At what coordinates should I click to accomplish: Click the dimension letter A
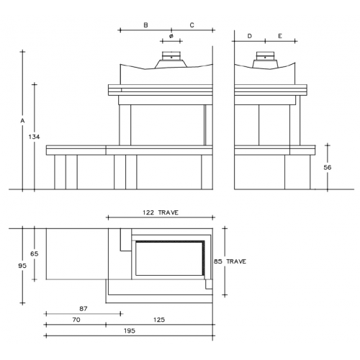pos(22,121)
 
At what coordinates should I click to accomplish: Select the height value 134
pos(34,137)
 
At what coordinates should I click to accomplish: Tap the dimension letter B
pos(145,25)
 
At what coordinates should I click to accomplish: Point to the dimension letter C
pos(192,25)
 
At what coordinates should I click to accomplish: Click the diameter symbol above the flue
pos(171,36)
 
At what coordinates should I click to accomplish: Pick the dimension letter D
pos(250,36)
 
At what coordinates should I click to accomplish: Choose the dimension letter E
pos(280,36)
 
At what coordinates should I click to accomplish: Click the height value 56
pos(328,167)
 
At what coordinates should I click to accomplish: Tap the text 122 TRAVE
pos(161,212)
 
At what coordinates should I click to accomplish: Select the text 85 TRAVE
pos(230,261)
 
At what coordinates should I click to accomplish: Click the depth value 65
pos(35,253)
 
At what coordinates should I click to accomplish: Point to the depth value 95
pos(22,266)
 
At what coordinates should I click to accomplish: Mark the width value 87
pos(84,309)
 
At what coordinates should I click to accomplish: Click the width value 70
pos(76,320)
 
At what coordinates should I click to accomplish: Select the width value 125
pos(159,320)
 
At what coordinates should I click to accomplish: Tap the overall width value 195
pos(130,330)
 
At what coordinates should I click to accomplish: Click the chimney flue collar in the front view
pos(171,56)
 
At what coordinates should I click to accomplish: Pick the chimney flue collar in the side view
pos(265,56)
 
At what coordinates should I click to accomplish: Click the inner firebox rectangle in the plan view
pos(135,258)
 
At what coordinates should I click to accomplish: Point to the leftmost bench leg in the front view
pos(60,172)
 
